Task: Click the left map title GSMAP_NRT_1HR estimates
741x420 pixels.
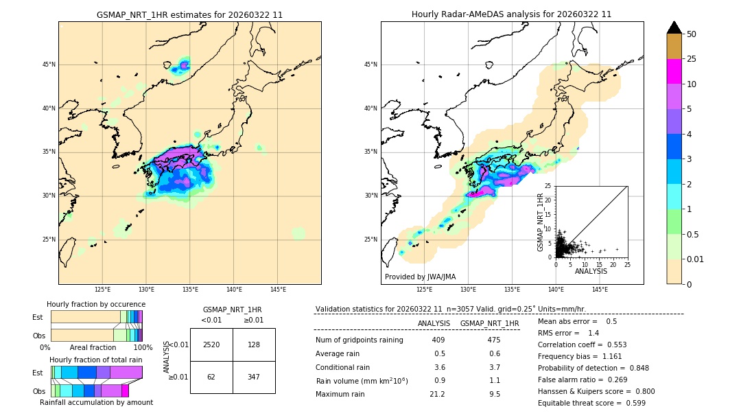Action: pos(189,14)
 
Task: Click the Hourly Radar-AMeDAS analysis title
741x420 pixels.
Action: pos(511,14)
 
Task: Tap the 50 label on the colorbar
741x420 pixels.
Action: pos(692,34)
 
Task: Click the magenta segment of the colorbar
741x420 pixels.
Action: pos(674,71)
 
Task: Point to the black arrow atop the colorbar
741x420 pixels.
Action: pos(674,27)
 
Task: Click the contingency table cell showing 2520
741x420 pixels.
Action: pos(211,345)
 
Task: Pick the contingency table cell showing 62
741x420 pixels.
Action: pos(211,377)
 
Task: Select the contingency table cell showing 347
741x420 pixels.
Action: pos(254,377)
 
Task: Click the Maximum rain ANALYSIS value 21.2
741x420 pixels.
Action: pos(437,394)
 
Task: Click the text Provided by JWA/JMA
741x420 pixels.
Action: pos(420,277)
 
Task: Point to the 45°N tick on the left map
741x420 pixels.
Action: pos(49,65)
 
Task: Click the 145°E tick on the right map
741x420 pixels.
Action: pos(600,290)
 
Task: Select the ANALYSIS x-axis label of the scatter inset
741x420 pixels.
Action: pos(591,271)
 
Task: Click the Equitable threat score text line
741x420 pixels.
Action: pos(591,403)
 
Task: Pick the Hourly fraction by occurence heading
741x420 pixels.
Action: pos(96,304)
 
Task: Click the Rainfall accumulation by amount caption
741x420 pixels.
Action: pos(96,402)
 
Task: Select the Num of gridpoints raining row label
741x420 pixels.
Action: pos(359,340)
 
